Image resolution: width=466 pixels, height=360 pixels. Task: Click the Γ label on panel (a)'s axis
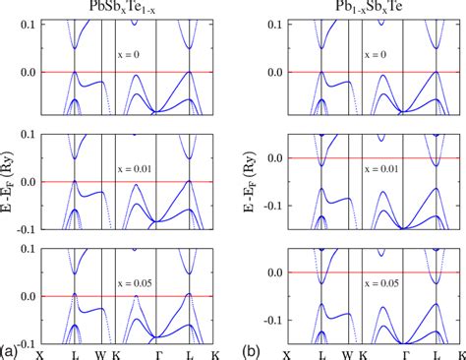(157, 351)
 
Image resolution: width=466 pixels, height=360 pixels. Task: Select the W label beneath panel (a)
(100, 351)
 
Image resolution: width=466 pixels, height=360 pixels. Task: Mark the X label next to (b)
(287, 351)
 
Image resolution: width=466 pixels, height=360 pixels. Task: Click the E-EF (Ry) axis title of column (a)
(10, 180)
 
